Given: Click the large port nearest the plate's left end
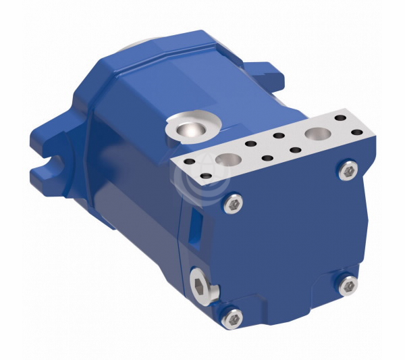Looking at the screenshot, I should [228, 160].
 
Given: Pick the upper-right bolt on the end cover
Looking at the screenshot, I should [348, 171].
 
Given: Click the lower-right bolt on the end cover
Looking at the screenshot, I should [348, 286].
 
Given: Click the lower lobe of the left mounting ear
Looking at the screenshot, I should [51, 178].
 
